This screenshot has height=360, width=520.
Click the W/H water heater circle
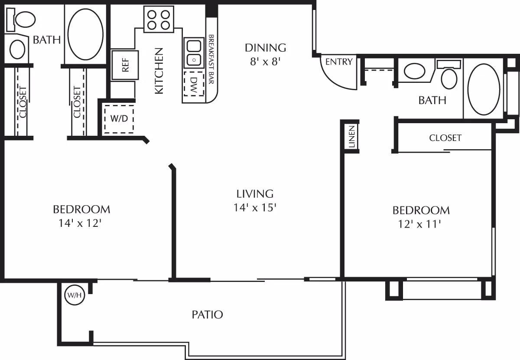73,296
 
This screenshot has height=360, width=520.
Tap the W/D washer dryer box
118,118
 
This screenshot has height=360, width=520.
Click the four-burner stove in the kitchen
159,20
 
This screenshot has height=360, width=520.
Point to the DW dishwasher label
194,83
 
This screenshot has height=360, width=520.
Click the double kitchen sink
194,52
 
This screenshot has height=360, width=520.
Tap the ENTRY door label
339,62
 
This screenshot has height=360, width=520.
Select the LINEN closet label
352,137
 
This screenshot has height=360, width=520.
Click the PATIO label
207,314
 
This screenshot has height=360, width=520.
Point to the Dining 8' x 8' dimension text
266,61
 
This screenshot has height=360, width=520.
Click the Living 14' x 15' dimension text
255,207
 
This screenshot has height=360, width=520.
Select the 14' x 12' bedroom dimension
81,224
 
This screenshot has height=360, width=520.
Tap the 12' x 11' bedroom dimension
421,225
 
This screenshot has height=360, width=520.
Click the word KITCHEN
159,71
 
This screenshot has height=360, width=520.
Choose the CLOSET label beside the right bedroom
445,138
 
